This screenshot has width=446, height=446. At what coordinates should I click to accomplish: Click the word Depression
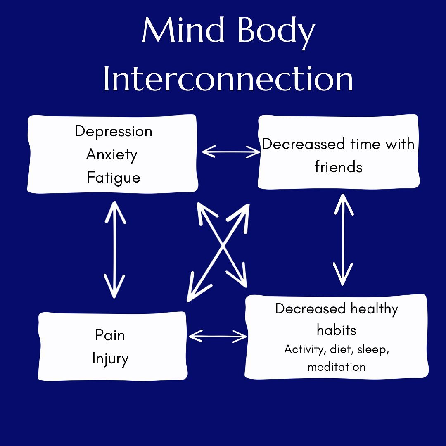click(114, 131)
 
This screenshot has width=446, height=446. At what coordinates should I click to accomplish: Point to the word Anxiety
click(112, 154)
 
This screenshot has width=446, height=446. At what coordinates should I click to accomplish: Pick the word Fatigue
click(114, 178)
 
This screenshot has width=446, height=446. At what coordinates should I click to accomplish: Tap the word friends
click(339, 167)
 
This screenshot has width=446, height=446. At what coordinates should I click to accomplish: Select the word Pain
click(110, 335)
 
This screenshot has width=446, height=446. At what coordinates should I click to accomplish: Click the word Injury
click(110, 358)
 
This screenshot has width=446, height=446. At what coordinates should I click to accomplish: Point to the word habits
click(337, 330)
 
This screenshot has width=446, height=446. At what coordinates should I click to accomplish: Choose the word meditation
click(336, 367)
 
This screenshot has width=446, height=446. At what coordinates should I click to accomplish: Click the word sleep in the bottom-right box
click(372, 349)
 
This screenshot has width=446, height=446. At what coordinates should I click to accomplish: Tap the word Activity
click(304, 349)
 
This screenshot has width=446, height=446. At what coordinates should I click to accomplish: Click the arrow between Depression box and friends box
click(231, 152)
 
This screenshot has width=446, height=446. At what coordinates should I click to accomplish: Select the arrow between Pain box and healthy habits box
click(218, 336)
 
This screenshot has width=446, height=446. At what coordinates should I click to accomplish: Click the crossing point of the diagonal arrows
click(223, 247)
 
